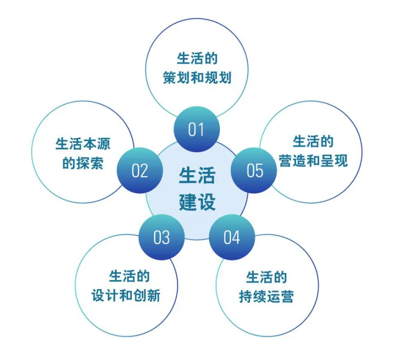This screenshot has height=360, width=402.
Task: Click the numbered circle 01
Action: [197, 129]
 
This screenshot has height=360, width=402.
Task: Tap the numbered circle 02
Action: [139, 170]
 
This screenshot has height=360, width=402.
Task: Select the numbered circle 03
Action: [162, 237]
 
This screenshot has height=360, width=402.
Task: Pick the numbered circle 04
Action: [232, 237]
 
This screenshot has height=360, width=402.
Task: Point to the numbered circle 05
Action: [254, 170]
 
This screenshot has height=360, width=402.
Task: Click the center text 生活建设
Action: [197, 189]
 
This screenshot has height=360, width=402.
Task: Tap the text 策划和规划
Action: [197, 78]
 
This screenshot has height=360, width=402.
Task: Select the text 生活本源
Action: [83, 143]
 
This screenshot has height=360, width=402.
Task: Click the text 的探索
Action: [83, 163]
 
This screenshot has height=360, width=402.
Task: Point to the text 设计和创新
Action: [126, 295]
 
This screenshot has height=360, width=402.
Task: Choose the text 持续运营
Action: [267, 296]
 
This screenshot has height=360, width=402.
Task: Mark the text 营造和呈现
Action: [313, 160]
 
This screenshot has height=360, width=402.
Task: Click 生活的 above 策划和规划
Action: [197, 58]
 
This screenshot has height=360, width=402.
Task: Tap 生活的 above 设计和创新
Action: [129, 276]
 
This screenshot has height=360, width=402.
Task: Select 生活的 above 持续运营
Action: [267, 277]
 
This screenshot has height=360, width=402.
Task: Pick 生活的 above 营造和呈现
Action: [313, 141]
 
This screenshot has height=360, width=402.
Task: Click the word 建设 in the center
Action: [197, 202]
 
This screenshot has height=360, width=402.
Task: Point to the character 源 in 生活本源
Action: [104, 143]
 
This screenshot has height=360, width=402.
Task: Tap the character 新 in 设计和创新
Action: [154, 295]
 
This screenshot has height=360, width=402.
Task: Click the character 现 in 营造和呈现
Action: [341, 160]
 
